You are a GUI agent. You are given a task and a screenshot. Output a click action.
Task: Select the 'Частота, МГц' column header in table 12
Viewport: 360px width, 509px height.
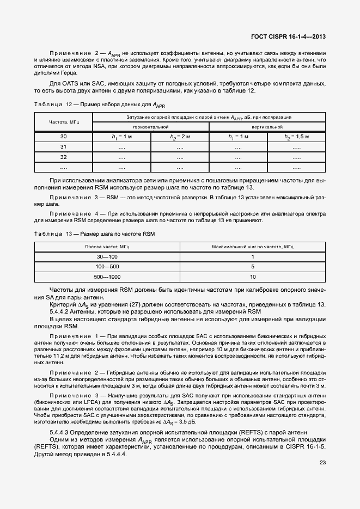point(64,122)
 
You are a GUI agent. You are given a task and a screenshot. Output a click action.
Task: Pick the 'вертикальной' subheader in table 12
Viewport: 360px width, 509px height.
point(267,126)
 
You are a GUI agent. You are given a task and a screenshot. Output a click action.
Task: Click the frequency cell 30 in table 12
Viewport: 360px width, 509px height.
point(64,137)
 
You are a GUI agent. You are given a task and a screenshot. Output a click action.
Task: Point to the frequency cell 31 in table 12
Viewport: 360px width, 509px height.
point(64,146)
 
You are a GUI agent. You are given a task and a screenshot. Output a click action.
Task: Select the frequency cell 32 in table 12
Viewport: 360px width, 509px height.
point(64,157)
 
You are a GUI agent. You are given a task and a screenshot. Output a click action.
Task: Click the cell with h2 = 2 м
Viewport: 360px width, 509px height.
point(180,137)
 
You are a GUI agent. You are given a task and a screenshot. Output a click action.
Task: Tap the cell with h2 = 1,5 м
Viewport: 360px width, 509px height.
point(296,137)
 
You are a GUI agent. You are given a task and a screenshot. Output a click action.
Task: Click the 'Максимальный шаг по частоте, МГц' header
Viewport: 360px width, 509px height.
point(252,247)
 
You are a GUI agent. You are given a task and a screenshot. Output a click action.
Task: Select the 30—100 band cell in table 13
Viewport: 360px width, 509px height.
point(107,256)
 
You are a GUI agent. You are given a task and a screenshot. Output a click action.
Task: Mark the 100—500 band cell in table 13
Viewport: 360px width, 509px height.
point(107,267)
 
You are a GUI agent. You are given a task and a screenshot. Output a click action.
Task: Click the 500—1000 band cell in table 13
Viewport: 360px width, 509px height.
point(107,277)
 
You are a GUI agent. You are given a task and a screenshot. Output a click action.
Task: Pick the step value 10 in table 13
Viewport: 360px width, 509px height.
point(252,277)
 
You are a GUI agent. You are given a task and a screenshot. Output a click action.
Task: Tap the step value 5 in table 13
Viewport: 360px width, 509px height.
point(252,267)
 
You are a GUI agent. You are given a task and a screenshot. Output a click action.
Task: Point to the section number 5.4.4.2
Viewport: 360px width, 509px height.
point(61,311)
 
